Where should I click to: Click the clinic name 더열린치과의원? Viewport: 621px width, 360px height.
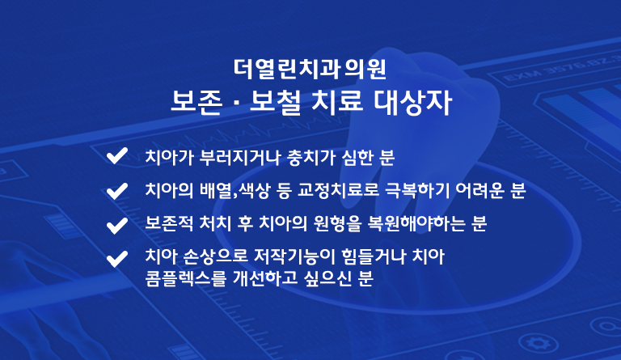[x=310, y=69]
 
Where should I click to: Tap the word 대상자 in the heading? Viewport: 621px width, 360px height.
[x=412, y=103]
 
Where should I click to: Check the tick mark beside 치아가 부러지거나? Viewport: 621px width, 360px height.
[x=117, y=155]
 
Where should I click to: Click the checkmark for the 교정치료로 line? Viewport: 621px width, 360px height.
[x=117, y=191]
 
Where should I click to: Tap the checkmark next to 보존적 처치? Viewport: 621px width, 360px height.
[x=117, y=226]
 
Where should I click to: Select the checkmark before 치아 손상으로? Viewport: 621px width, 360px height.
[x=117, y=259]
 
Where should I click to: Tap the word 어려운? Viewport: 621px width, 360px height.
[x=479, y=190]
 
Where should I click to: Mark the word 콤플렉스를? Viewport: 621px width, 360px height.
[x=185, y=278]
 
